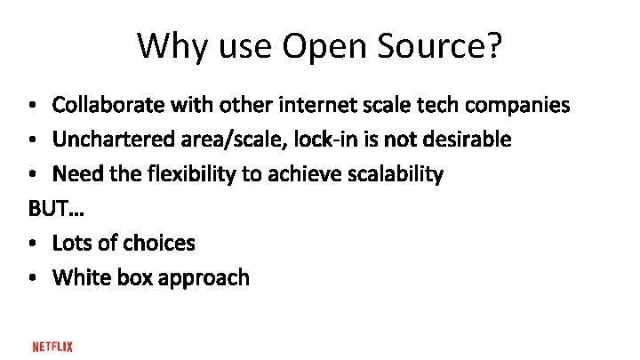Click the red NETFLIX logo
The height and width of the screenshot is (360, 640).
52,347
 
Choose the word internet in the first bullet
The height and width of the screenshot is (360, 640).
315,106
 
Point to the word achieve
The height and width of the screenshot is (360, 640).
294,174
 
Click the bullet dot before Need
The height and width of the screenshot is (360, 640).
32,175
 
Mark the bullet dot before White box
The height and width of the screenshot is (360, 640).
32,278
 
